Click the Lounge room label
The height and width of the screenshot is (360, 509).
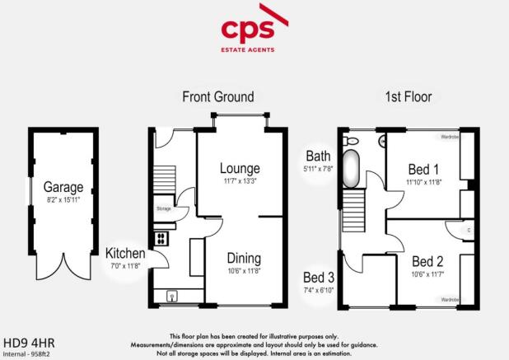pos(234,169)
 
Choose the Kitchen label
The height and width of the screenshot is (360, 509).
pos(125,253)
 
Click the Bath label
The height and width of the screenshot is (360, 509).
pos(318,156)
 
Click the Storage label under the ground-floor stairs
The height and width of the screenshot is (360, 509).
pos(163,209)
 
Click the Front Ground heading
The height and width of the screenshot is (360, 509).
pos(217,97)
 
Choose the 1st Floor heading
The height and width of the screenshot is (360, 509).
pos(409,97)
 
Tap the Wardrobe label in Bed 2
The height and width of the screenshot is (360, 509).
pos(449,300)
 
